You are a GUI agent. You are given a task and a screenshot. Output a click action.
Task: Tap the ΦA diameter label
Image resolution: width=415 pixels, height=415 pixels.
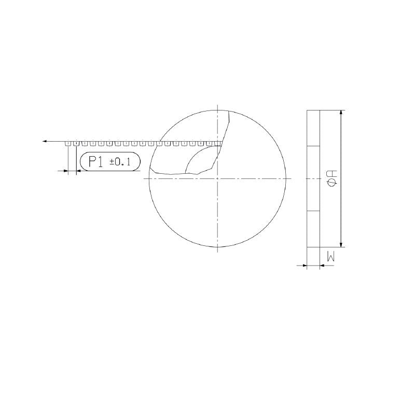tap(333, 178)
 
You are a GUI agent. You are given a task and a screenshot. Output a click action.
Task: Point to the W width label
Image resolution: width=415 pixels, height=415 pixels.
tap(330, 255)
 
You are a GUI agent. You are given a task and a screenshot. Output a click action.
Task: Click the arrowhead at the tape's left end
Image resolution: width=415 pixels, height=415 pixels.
tap(46, 141)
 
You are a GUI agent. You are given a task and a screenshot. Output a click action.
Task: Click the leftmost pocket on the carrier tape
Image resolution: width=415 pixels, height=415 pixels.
tap(68, 143)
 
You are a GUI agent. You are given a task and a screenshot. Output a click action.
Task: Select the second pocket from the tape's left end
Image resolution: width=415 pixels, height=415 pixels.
tap(76, 143)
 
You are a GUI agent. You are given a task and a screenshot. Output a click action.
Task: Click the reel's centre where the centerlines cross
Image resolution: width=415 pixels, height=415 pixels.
tap(217, 178)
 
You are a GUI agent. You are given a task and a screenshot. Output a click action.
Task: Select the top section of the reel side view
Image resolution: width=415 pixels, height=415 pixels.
tap(313, 128)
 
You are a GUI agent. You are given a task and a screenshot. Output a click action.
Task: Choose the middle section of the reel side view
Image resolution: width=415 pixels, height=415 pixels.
tap(313, 178)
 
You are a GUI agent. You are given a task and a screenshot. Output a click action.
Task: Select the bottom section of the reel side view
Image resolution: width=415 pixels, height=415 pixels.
tap(313, 229)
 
